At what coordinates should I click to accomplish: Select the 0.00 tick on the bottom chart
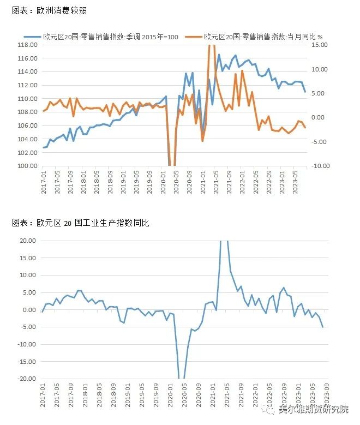29,310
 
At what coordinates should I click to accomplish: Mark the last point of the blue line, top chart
305,92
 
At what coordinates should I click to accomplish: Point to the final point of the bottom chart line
323,327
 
